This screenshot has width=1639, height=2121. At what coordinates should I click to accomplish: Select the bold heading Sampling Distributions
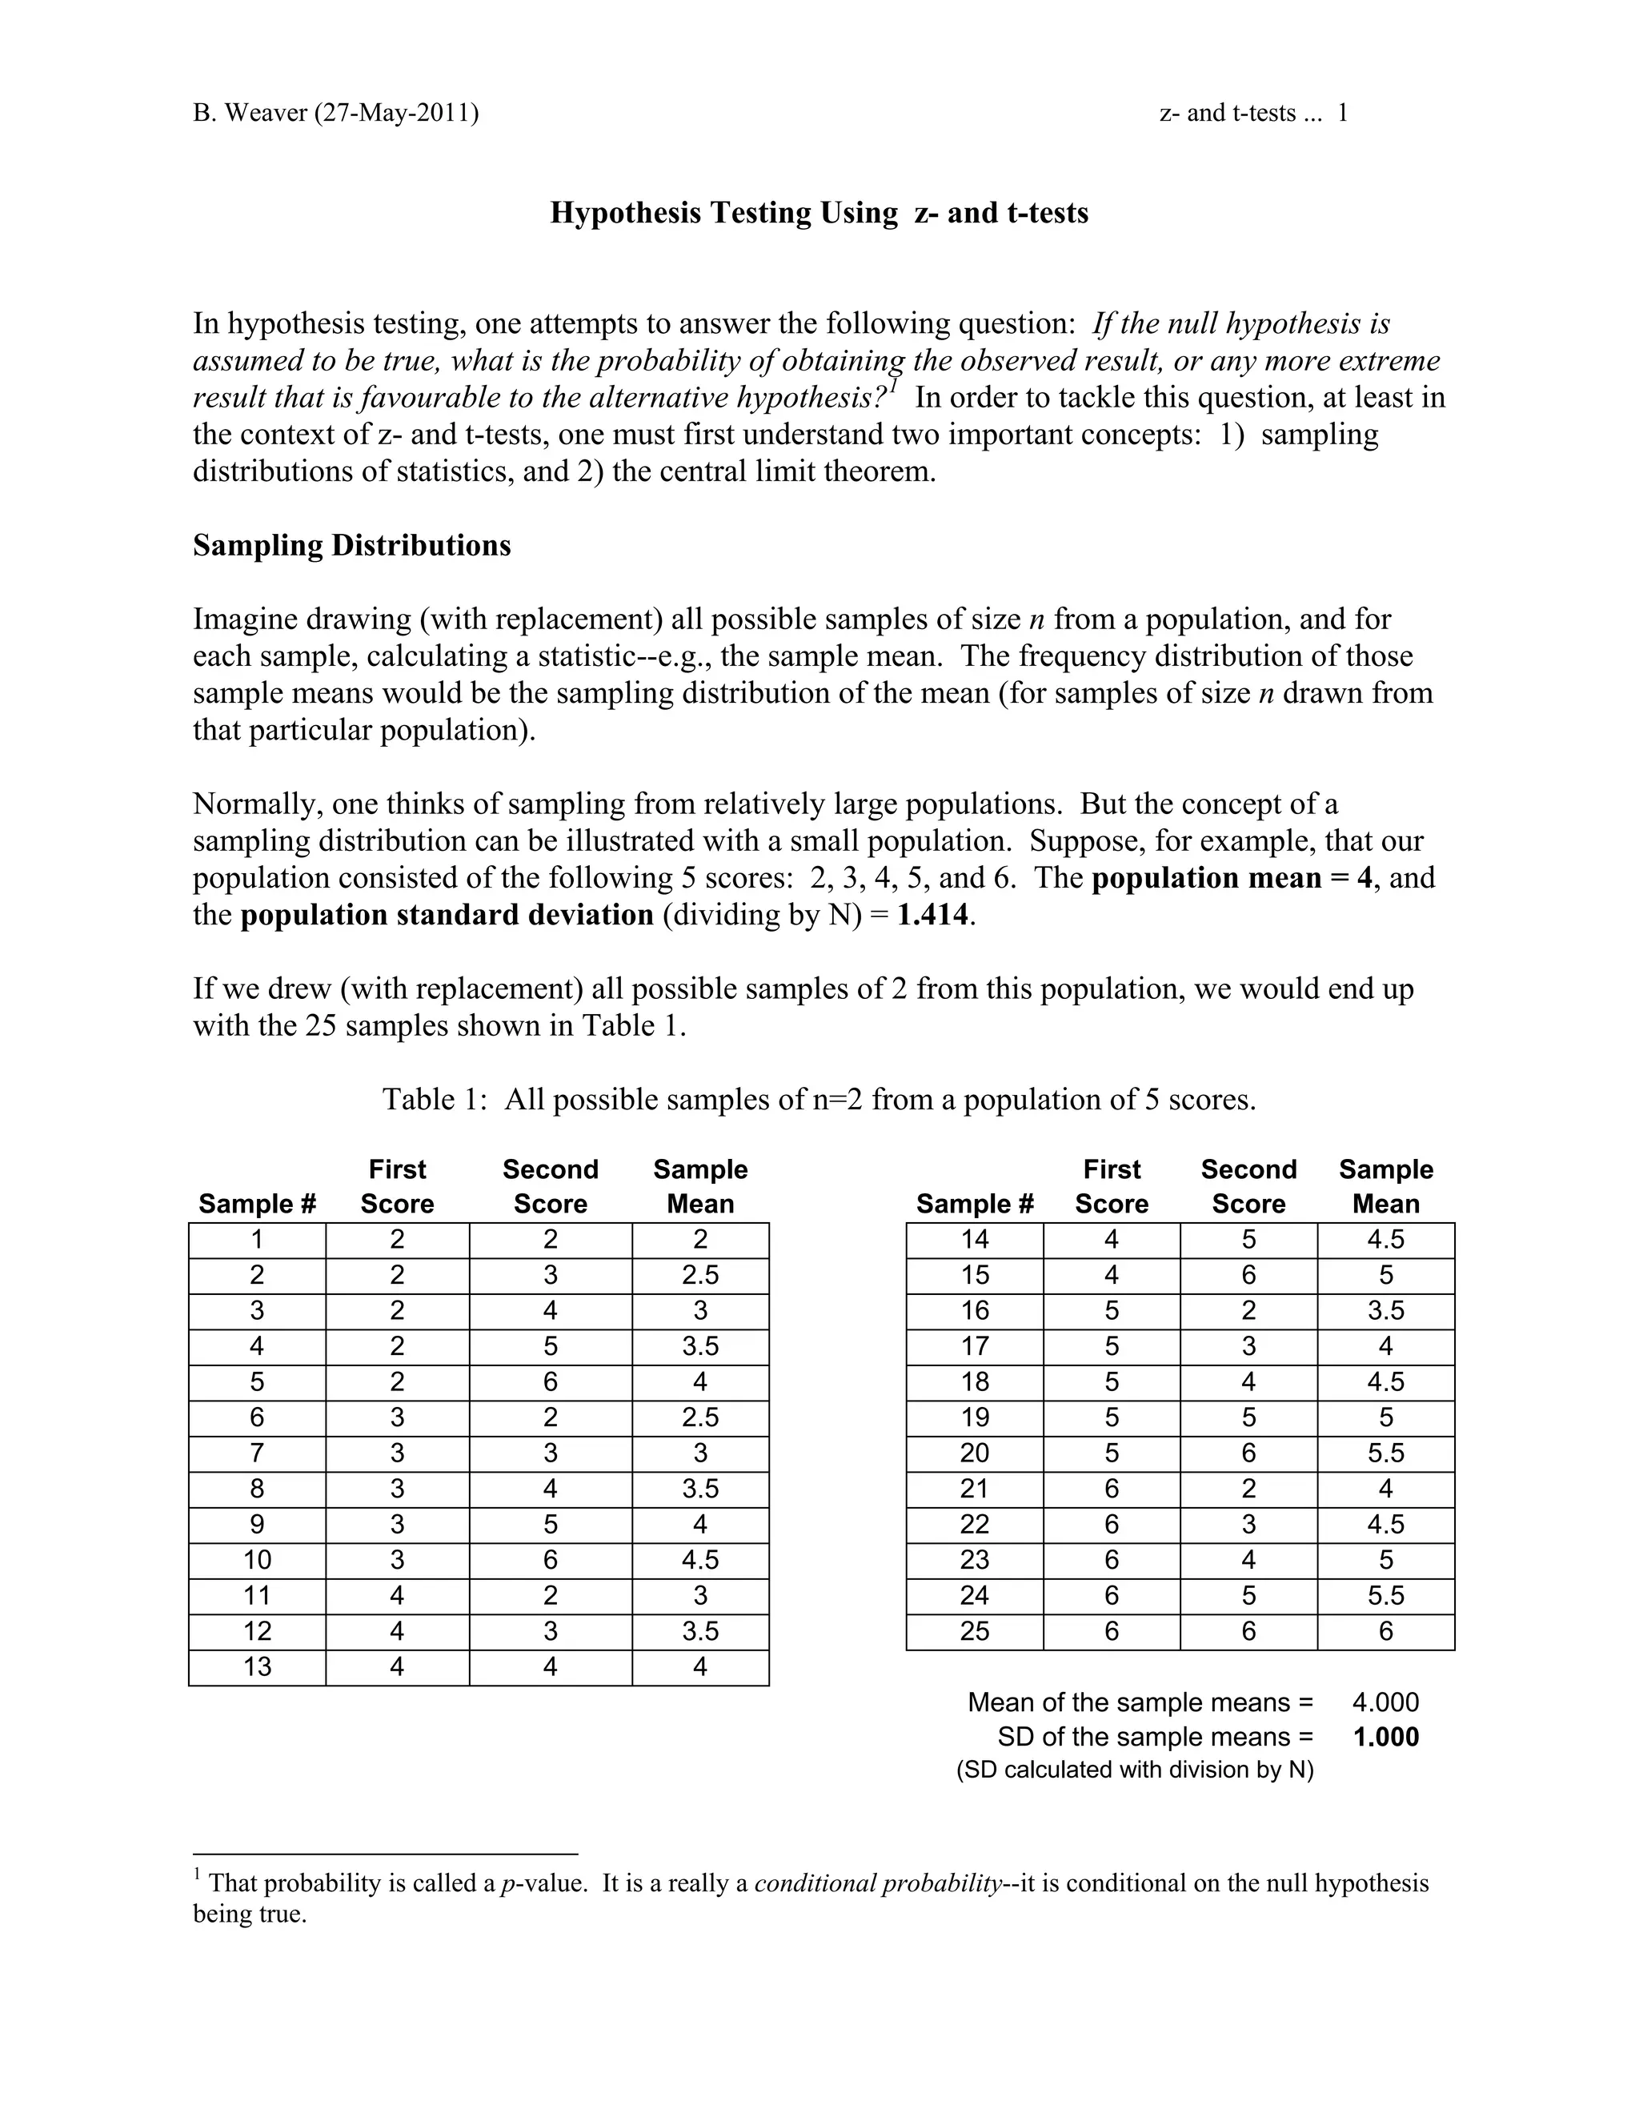[x=351, y=546]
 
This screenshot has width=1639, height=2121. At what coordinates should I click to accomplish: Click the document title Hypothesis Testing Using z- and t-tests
[x=819, y=213]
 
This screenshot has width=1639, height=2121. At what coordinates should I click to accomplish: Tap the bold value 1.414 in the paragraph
[x=932, y=915]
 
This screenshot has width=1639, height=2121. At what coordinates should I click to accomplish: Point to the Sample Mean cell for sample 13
[x=700, y=1667]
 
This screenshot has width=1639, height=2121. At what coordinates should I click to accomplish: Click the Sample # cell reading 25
[x=974, y=1631]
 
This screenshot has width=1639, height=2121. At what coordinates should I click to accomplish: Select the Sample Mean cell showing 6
[x=1385, y=1631]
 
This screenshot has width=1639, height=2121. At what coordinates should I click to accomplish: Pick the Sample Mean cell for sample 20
[x=1385, y=1453]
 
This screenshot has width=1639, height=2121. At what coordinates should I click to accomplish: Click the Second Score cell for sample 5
[x=550, y=1382]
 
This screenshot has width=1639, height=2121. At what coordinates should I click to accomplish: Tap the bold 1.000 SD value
[x=1385, y=1738]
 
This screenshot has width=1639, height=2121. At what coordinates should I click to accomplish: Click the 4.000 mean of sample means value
[x=1385, y=1702]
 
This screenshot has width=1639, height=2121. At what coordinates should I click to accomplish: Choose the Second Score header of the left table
[x=550, y=1187]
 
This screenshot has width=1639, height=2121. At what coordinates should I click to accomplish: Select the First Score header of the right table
[x=1111, y=1187]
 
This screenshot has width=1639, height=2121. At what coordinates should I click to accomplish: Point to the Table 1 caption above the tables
[x=819, y=1100]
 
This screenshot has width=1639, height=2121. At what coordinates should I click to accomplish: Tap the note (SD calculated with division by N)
[x=1134, y=1770]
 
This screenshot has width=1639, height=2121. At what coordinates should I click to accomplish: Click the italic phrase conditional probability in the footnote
[x=877, y=1884]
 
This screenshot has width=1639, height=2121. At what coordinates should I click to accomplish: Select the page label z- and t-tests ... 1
[x=1252, y=114]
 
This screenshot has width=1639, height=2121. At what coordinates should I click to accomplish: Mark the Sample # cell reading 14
[x=974, y=1240]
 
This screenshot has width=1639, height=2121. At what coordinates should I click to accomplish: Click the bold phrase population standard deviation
[x=447, y=915]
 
